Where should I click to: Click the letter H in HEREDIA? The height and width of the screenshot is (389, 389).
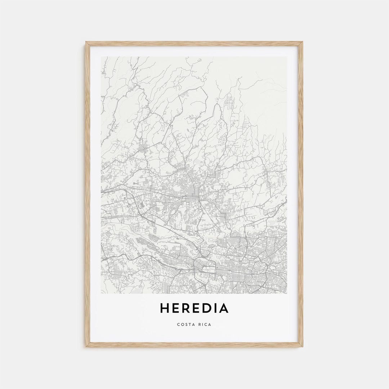pyautogui.click(x=164, y=308)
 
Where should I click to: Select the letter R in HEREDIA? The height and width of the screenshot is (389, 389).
pyautogui.click(x=187, y=308)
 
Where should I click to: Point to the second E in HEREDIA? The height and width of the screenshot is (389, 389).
pyautogui.click(x=198, y=308)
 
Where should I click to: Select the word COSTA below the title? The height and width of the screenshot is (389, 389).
pyautogui.click(x=185, y=325)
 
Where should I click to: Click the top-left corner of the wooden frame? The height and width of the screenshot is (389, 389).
pyautogui.click(x=86, y=43)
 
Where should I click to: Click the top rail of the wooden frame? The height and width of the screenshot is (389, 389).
pyautogui.click(x=194, y=44)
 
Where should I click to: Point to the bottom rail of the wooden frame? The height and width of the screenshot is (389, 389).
pyautogui.click(x=194, y=345)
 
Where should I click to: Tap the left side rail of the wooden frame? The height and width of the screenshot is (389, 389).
pyautogui.click(x=88, y=194)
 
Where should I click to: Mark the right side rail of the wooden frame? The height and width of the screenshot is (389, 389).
pyautogui.click(x=301, y=194)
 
